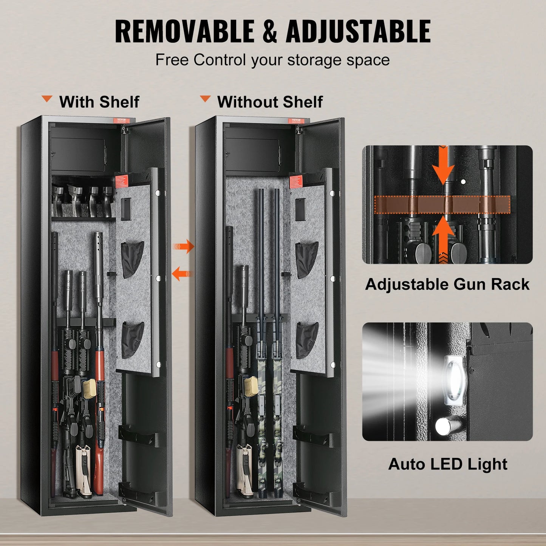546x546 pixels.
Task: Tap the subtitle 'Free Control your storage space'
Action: (272, 60)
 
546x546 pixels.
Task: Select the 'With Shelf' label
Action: (99, 102)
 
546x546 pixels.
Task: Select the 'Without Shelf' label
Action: (270, 102)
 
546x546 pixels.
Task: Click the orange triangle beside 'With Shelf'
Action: (47, 99)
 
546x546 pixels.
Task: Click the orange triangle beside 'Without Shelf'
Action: (205, 99)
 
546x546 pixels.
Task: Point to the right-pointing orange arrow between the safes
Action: (184, 247)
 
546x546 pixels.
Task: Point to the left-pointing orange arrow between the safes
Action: (182, 273)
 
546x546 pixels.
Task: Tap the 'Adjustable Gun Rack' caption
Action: (447, 284)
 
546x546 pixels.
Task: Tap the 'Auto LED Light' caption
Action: (448, 464)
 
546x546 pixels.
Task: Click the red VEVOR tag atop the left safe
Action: (123, 121)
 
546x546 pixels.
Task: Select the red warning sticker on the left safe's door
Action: (122, 182)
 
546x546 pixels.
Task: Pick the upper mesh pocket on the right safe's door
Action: (306, 260)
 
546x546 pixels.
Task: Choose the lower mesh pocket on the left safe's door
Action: (132, 339)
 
